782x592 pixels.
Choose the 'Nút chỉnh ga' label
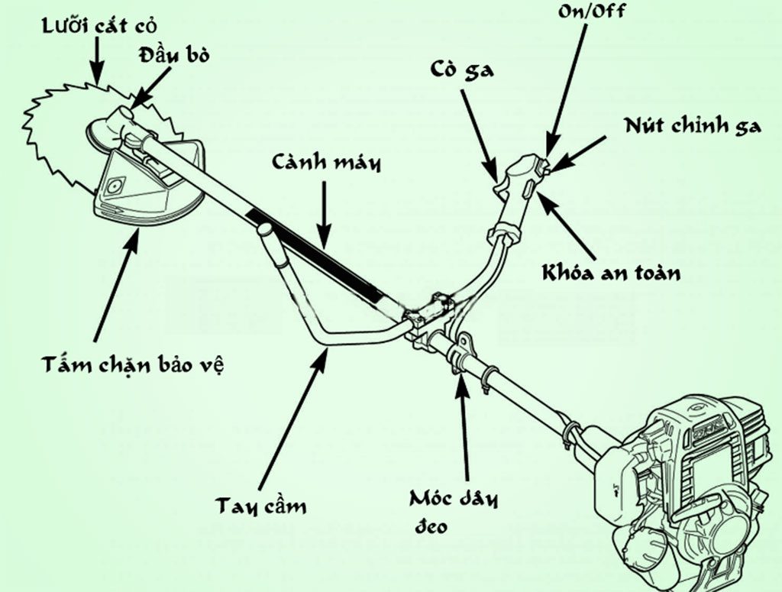pos(692,125)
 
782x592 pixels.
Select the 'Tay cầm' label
pos(260,506)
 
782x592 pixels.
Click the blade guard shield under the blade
pos(149,187)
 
